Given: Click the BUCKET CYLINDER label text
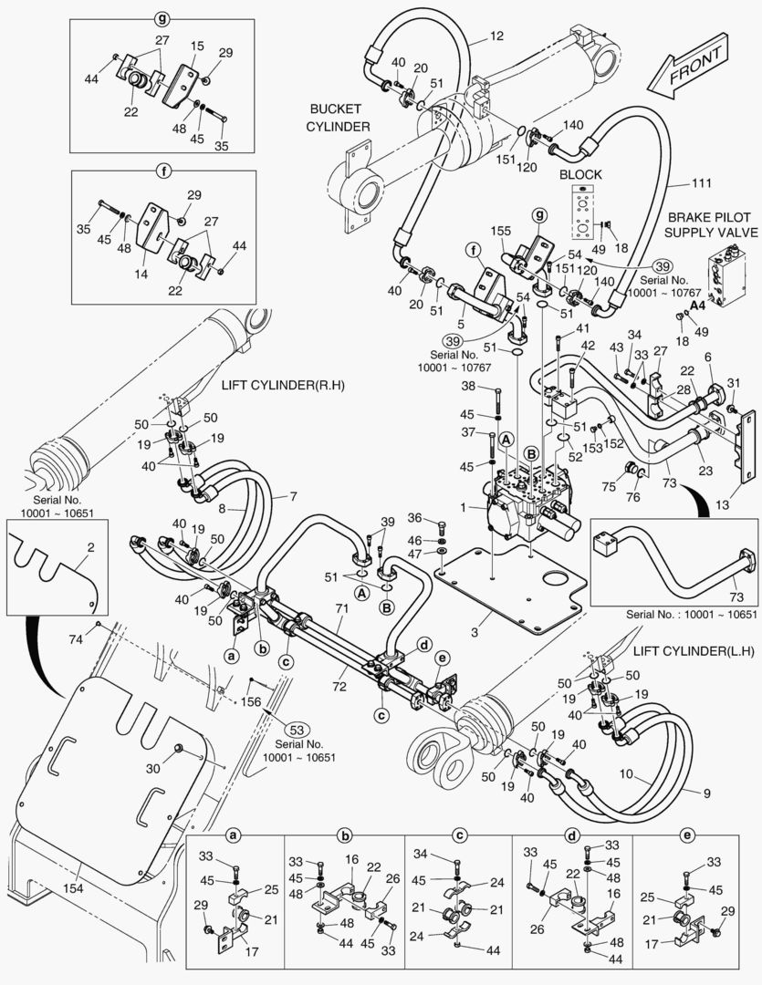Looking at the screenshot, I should coord(339,117).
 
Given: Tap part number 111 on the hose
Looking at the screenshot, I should coord(675,183).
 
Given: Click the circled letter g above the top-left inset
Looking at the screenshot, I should coord(163,17).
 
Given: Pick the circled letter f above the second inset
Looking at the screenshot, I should coord(163,171).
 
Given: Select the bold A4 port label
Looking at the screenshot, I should coord(698,306).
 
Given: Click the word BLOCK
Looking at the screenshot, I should coord(579,173).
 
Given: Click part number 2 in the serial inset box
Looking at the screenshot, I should coord(90,548).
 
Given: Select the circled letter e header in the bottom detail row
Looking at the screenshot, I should coord(687,835).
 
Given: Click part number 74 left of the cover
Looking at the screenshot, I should coord(77,639).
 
